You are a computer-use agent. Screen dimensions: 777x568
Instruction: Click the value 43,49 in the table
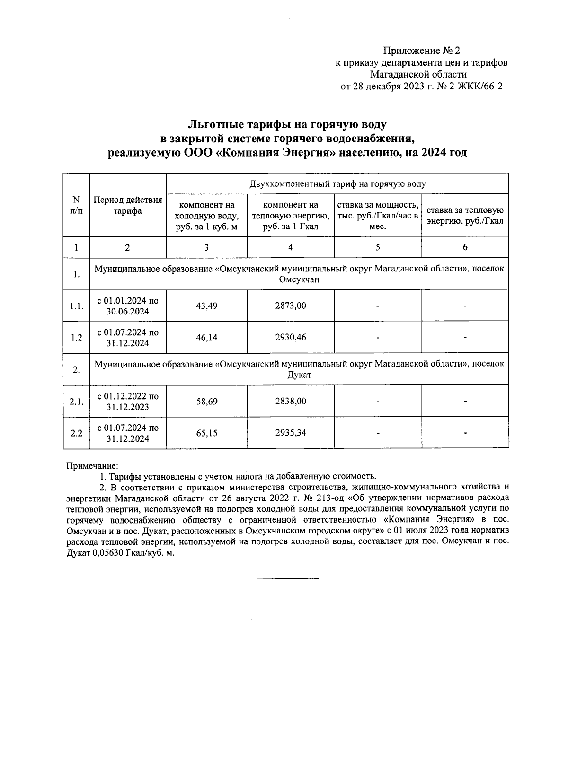pyautogui.click(x=206, y=306)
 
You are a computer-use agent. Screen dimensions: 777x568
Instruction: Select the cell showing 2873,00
pyautogui.click(x=290, y=306)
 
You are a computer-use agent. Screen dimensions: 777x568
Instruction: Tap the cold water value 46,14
pyautogui.click(x=206, y=337)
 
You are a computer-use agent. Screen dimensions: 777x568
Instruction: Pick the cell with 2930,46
pyautogui.click(x=290, y=337)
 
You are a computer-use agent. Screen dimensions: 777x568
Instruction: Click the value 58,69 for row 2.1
pyautogui.click(x=206, y=401)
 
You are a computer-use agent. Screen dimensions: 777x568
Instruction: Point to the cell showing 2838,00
pyautogui.click(x=290, y=401)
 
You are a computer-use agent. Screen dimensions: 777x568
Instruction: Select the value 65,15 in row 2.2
pyautogui.click(x=206, y=433)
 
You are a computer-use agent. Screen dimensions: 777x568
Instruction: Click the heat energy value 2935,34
pyautogui.click(x=290, y=433)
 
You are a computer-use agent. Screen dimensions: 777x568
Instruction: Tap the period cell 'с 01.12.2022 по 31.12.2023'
pyautogui.click(x=128, y=401)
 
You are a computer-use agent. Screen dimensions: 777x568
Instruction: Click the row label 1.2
pyautogui.click(x=76, y=337)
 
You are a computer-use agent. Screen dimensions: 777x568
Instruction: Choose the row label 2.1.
pyautogui.click(x=76, y=401)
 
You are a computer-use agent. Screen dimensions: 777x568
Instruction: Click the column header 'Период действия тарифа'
pyautogui.click(x=128, y=205)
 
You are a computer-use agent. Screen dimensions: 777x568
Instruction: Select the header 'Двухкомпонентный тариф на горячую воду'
pyautogui.click(x=337, y=183)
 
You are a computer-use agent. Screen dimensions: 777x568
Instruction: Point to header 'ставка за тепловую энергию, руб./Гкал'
pyautogui.click(x=465, y=215)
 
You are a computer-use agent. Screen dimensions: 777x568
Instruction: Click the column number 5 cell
pyautogui.click(x=377, y=247)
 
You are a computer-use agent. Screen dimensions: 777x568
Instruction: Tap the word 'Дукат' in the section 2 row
pyautogui.click(x=299, y=375)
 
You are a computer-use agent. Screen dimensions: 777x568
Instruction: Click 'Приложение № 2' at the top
pyautogui.click(x=421, y=51)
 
